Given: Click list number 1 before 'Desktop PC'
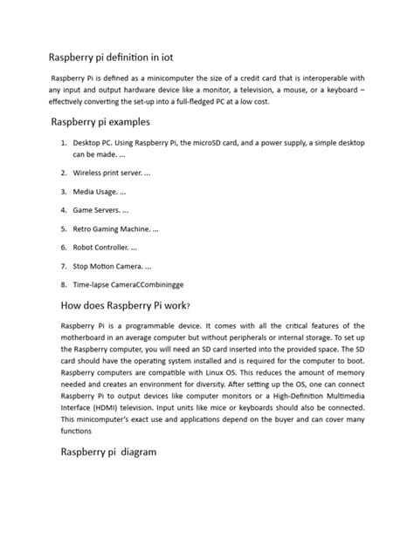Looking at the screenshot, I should coord(64,141).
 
